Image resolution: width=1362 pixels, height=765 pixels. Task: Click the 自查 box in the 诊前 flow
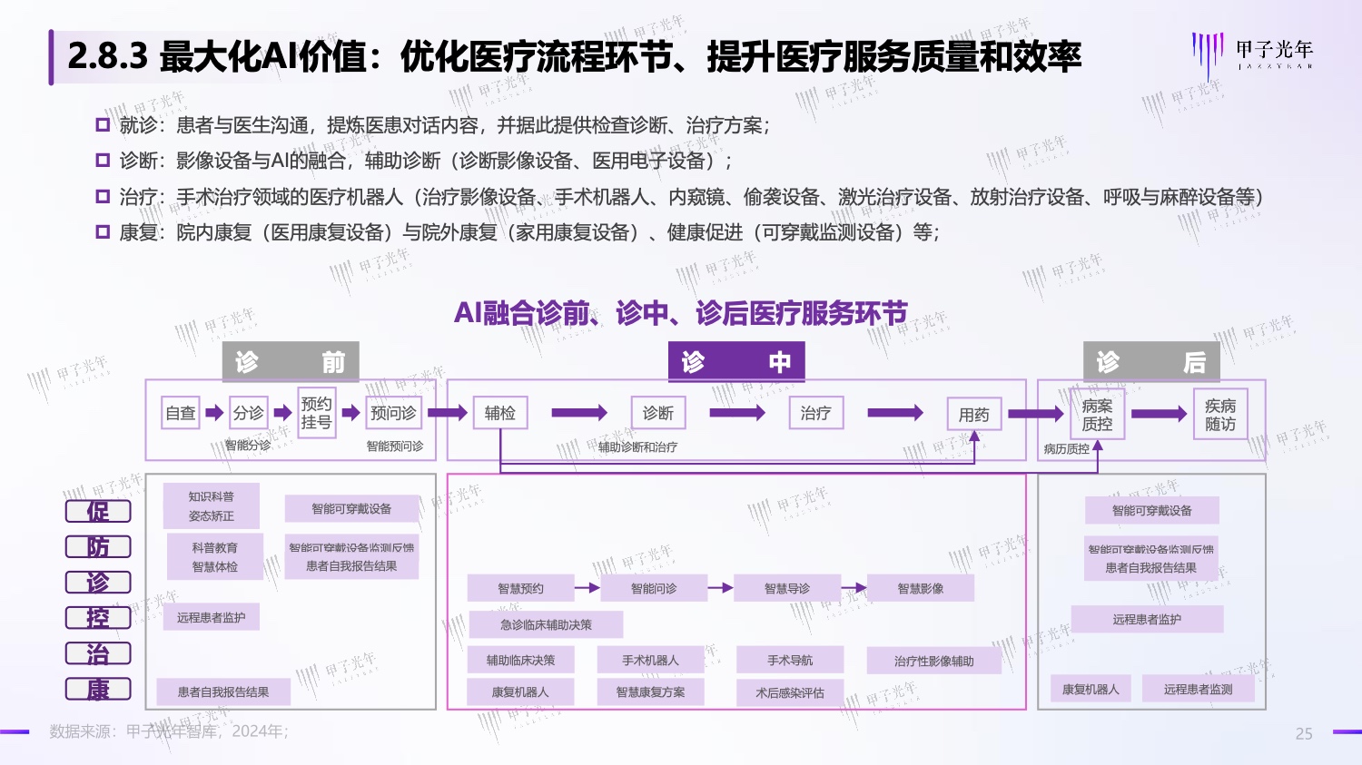(x=181, y=413)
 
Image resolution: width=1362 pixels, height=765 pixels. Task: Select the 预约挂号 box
(x=316, y=413)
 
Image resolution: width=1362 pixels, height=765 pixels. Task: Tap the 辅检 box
(x=499, y=413)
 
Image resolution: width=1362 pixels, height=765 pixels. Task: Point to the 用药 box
(x=973, y=415)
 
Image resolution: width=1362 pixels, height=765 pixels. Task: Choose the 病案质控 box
(x=1097, y=415)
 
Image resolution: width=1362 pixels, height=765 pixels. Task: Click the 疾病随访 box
(x=1219, y=415)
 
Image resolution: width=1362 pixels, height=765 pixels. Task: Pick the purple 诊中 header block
(x=735, y=362)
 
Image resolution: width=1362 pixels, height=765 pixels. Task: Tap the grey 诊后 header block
(x=1151, y=362)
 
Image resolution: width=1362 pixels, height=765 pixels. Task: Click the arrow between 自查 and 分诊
(x=214, y=413)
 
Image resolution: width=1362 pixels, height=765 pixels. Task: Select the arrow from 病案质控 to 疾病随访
(x=1159, y=415)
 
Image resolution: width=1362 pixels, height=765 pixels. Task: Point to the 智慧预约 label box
(x=520, y=588)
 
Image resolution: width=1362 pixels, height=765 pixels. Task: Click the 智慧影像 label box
(x=920, y=588)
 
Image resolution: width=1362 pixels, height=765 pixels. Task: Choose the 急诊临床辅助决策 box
(x=546, y=624)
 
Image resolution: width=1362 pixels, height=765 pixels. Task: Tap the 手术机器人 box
(x=650, y=660)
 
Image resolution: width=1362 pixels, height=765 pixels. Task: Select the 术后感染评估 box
(x=790, y=692)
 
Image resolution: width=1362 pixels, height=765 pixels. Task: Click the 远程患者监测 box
(x=1198, y=689)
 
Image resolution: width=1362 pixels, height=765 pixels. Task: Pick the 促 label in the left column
(x=98, y=511)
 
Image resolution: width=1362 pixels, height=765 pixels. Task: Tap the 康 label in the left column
(x=98, y=690)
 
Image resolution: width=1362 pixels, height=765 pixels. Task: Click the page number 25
(x=1304, y=733)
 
